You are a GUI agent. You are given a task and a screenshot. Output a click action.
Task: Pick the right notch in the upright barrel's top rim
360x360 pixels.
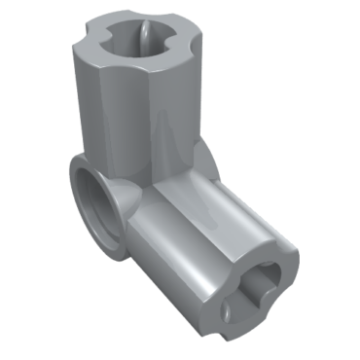pyautogui.click(x=188, y=44)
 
